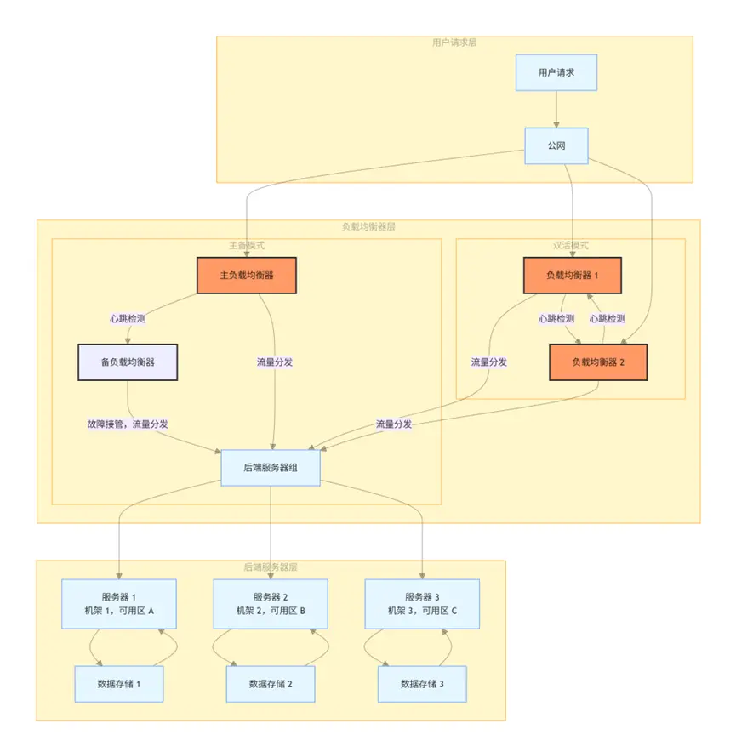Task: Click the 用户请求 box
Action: (556, 72)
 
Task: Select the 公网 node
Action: (556, 145)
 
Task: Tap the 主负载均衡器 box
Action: (246, 275)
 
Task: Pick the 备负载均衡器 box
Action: (128, 362)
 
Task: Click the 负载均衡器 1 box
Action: (572, 275)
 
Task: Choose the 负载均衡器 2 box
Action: (597, 362)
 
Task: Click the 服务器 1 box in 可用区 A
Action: (118, 604)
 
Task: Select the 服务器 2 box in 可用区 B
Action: (270, 604)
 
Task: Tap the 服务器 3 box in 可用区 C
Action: (422, 604)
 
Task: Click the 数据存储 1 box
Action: (118, 684)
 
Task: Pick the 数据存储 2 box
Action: (270, 684)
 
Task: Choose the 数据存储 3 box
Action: (422, 684)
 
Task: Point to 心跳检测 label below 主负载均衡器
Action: (128, 318)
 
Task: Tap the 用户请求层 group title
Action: (454, 42)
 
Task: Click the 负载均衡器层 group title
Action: (368, 226)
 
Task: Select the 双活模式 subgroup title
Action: (570, 245)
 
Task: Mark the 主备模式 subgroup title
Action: (246, 245)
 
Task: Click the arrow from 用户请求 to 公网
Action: (556, 109)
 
